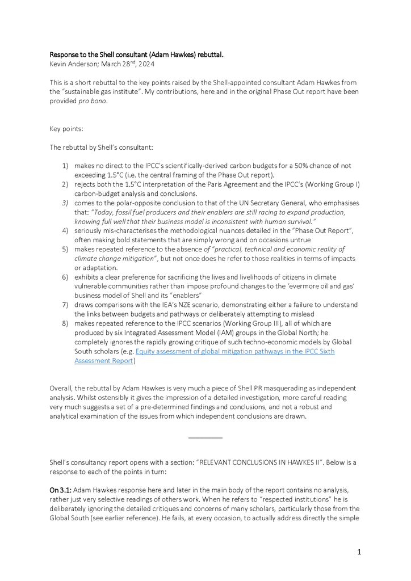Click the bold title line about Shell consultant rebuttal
(136, 55)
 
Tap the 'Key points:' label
(66, 129)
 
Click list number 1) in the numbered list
(65, 166)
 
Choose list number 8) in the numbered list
(65, 323)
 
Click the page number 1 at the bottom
(359, 551)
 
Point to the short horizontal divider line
(205, 437)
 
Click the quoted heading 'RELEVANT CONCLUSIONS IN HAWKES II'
(268, 462)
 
